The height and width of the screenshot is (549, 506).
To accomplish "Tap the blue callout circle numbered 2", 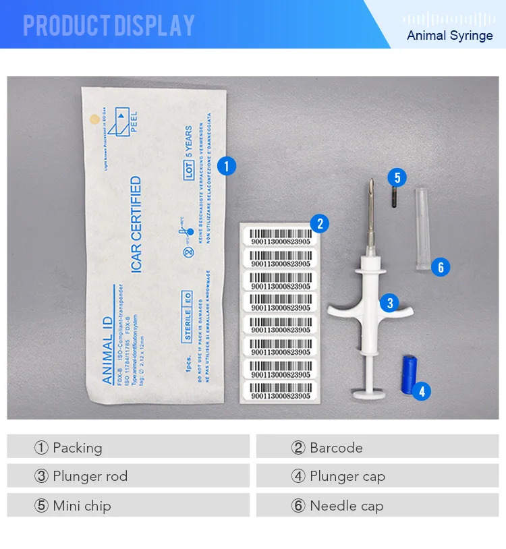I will click(x=318, y=224).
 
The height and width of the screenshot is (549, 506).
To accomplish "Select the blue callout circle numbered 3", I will click(x=389, y=303).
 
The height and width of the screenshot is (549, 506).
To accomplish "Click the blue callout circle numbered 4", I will click(x=421, y=391).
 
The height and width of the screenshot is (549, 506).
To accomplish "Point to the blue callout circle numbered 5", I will click(x=397, y=178).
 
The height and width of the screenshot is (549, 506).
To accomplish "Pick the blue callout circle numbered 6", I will click(x=441, y=267).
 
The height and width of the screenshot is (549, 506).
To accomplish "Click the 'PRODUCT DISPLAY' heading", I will click(x=109, y=26).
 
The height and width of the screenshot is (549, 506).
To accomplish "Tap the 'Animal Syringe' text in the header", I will click(x=449, y=35).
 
